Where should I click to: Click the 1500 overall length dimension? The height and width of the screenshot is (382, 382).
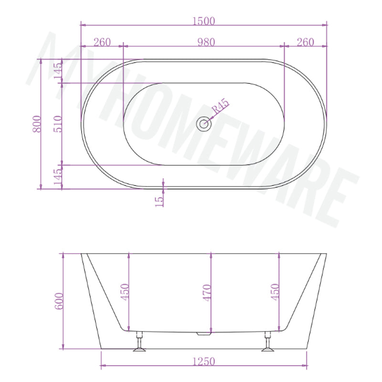click(x=204, y=21)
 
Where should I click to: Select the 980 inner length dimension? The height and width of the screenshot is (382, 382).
click(x=206, y=42)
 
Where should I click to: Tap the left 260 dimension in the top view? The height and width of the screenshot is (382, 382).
click(x=102, y=42)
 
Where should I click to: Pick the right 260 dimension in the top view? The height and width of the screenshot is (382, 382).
click(x=305, y=42)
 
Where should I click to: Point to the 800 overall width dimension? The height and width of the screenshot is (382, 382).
click(x=37, y=124)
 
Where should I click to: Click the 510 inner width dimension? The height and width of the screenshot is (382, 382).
click(x=58, y=124)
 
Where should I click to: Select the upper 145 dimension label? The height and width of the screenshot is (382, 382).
click(x=58, y=71)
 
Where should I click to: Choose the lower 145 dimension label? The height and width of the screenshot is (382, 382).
click(x=58, y=177)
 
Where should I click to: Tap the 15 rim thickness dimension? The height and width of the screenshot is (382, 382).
click(x=159, y=202)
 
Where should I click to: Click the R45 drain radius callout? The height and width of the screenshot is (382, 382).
click(x=221, y=106)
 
